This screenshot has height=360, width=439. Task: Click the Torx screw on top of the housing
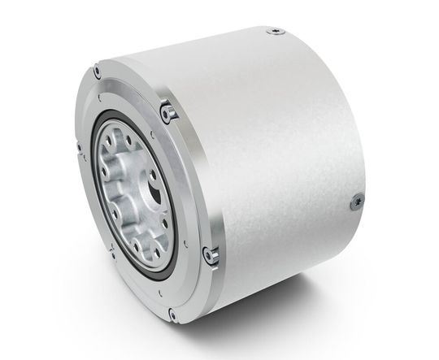tap(274, 33)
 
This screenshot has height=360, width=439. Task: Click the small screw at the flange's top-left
tap(98, 73)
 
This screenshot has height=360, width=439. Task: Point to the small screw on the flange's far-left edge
tap(79, 148)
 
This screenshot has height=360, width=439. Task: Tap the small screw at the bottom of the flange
tap(172, 313)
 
